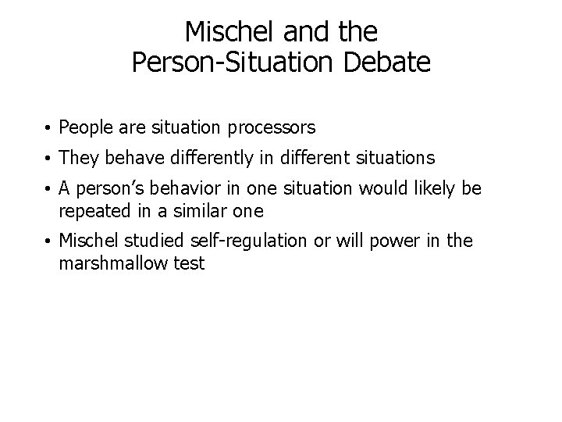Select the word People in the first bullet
(x=84, y=126)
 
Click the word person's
(x=109, y=191)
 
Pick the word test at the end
(x=190, y=263)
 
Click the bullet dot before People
(x=49, y=127)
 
